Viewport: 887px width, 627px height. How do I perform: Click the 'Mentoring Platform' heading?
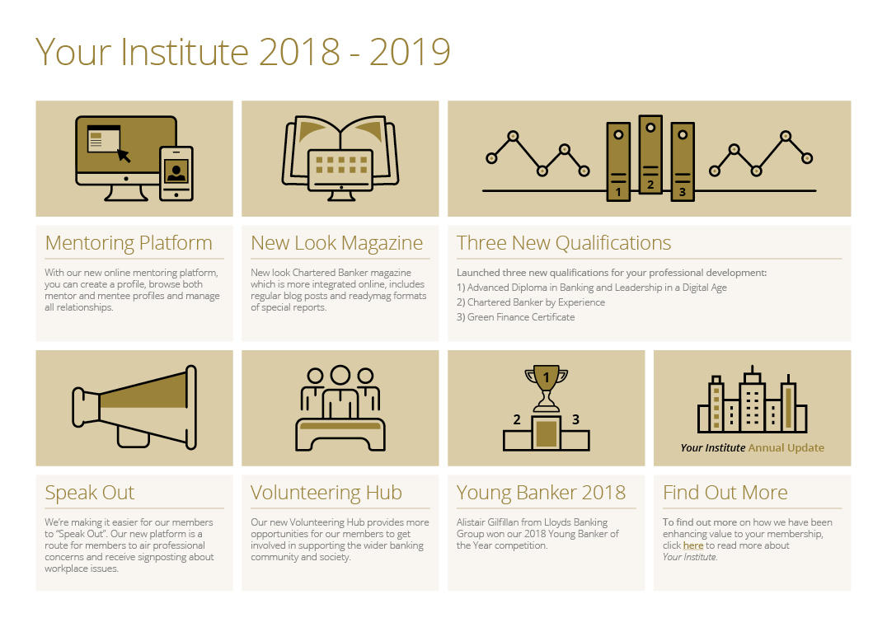[129, 243]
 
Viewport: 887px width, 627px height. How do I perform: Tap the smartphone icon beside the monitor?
[176, 174]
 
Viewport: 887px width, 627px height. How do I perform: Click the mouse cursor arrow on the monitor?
[124, 155]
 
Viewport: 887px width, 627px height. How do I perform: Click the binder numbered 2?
[650, 154]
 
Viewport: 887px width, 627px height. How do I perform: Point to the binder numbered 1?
[618, 161]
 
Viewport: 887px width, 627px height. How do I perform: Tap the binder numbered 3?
[683, 161]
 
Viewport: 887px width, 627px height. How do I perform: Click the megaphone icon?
[134, 407]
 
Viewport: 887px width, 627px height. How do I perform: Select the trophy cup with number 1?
[547, 388]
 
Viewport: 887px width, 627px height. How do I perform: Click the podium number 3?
[575, 419]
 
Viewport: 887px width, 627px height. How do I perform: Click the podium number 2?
[517, 419]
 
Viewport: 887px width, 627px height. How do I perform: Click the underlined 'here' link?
[693, 545]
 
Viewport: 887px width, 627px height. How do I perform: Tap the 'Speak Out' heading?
[89, 493]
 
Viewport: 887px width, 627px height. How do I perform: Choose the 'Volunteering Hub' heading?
[326, 493]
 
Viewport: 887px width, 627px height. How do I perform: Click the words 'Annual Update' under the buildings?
[786, 447]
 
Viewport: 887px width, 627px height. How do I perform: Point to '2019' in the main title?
[411, 52]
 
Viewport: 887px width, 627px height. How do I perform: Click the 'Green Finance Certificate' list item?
[515, 317]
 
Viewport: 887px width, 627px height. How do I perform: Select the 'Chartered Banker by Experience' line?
[531, 302]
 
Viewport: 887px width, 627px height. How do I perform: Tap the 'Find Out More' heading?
[725, 493]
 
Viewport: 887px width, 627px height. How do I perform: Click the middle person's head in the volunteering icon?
[340, 375]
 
